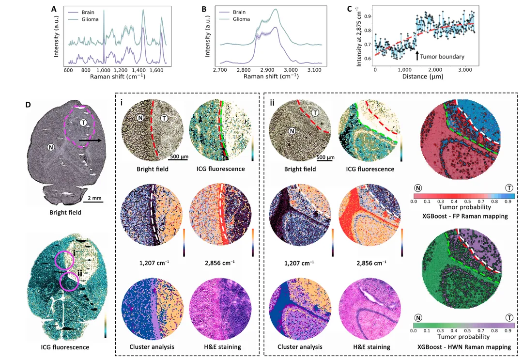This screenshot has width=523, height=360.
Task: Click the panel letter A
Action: point(54,9)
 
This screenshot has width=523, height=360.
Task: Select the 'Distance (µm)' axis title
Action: point(423,77)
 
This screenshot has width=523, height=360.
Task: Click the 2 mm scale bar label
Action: point(94,198)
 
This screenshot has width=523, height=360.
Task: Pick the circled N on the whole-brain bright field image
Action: point(51,147)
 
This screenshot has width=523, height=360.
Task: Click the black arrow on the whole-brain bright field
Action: point(90,141)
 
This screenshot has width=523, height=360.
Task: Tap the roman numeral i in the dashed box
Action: point(122,103)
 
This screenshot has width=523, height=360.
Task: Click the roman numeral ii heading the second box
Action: point(272,103)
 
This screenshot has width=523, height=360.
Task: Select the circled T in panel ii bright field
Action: point(315,113)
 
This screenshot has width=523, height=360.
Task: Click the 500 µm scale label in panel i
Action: point(179,157)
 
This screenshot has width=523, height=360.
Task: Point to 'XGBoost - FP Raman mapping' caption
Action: point(465,216)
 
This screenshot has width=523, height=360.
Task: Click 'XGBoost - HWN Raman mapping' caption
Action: point(464,347)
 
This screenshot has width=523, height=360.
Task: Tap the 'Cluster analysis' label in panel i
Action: point(152,347)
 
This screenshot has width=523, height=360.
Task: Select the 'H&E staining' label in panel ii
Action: point(371,347)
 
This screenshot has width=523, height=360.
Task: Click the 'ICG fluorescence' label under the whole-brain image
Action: point(65,347)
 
